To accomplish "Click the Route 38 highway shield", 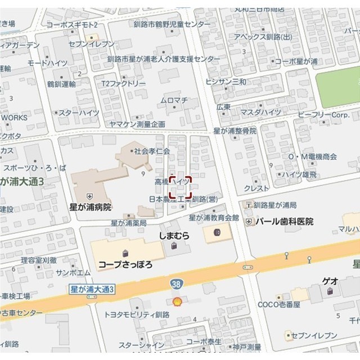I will coord(176,286).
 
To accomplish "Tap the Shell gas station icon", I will coord(177,301).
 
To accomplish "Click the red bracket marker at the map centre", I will coord(180,187).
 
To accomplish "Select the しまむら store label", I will coord(174,236).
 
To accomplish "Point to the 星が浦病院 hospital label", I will coord(90,208).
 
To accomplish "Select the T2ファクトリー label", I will coord(123,83).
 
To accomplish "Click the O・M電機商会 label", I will coord(312,156).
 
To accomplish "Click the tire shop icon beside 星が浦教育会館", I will coord(216,232).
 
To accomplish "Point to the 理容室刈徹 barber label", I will coord(38,260).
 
